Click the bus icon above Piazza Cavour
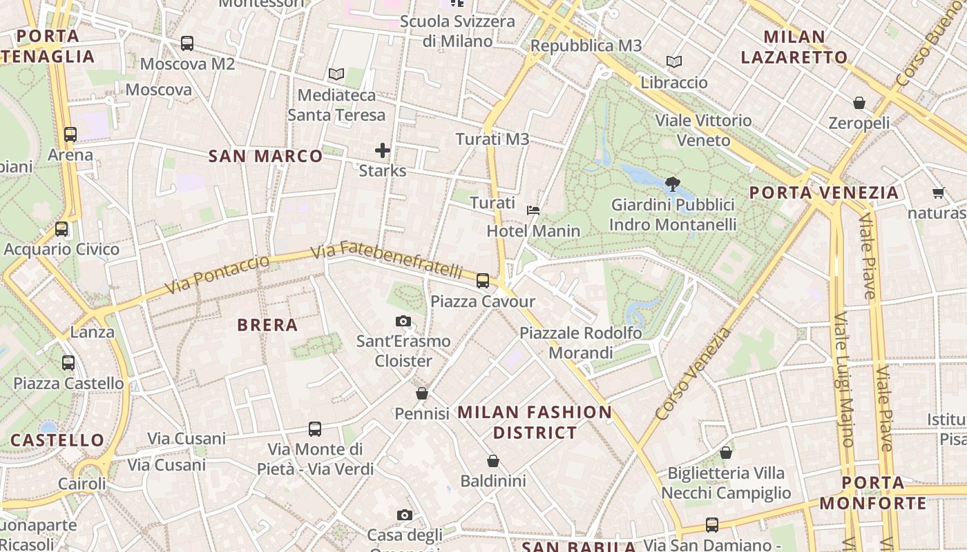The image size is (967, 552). coord(483,281)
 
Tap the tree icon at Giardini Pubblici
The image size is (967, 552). coord(672,184)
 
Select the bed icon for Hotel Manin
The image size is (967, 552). coord(533,210)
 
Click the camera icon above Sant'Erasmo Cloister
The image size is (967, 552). coord(403,321)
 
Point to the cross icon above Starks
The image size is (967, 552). coord(382,150)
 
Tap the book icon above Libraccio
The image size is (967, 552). coord(674,61)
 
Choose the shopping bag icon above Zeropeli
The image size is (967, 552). coord(859,103)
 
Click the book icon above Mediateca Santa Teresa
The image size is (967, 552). coord(336,74)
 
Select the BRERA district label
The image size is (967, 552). coord(267,325)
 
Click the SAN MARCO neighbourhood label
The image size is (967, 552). coord(266,156)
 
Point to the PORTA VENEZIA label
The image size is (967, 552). coord(824,193)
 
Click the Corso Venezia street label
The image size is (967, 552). coord(693,374)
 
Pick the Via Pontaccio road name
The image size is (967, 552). coord(218,274)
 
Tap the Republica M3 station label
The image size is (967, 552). coord(586,46)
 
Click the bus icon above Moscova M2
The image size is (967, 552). coord(187,43)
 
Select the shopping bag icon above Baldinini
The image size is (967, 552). coord(493,461)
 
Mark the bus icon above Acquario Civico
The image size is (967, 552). coord(61,229)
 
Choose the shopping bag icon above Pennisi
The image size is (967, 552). coord(422,393)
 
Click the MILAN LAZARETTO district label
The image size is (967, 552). coord(794,47)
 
